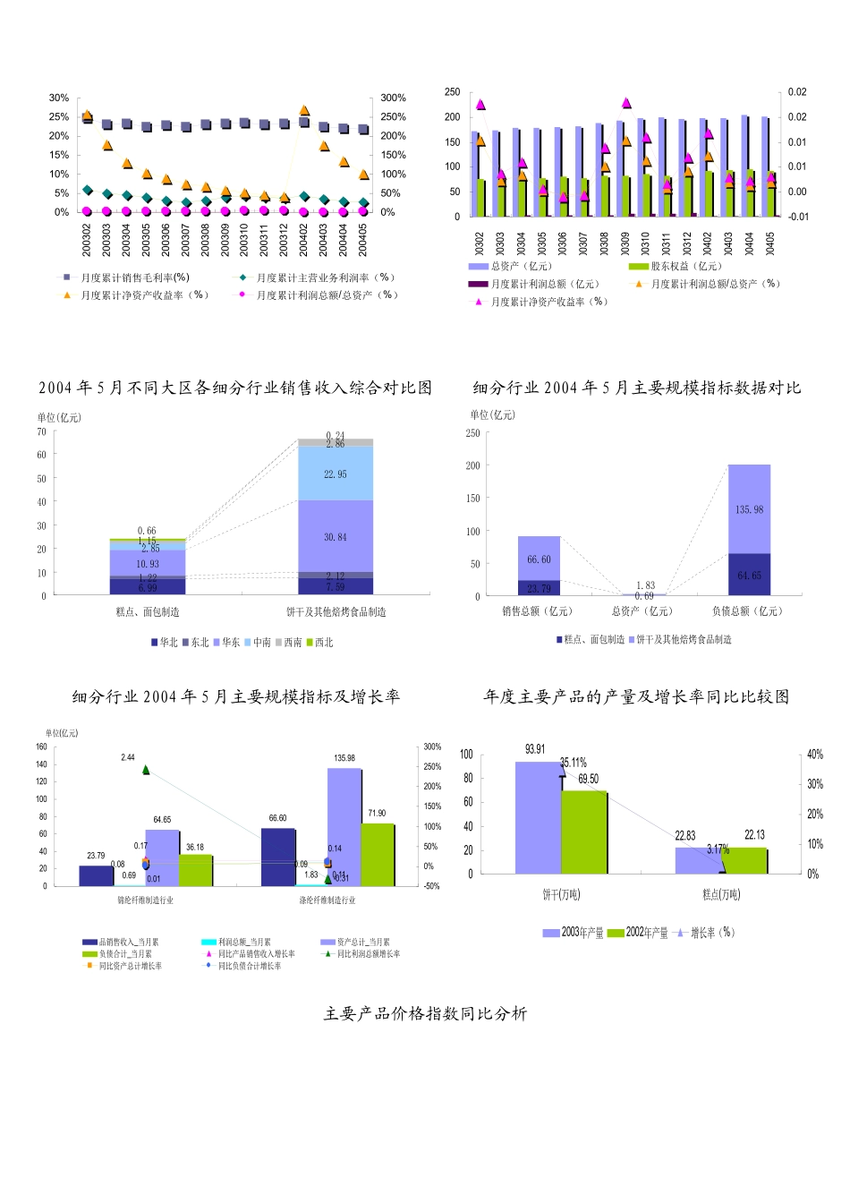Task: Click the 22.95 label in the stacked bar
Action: tap(336, 474)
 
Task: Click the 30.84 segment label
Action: tap(336, 537)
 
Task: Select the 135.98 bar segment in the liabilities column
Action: tap(749, 509)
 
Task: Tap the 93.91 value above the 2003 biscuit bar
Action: tap(535, 749)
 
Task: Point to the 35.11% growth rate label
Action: tap(574, 763)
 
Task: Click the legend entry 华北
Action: tap(164, 643)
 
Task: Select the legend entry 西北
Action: tap(319, 643)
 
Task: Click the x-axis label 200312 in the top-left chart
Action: tap(285, 240)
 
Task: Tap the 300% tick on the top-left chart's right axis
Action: tap(393, 98)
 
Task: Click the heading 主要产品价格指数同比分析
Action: tap(425, 1013)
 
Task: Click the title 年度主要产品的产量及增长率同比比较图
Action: tap(636, 696)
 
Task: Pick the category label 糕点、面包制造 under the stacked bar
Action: tap(148, 612)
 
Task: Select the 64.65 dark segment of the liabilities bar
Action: tap(749, 576)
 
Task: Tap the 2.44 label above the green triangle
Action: tap(128, 757)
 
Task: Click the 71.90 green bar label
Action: tap(377, 814)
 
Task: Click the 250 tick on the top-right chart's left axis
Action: tap(452, 92)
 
